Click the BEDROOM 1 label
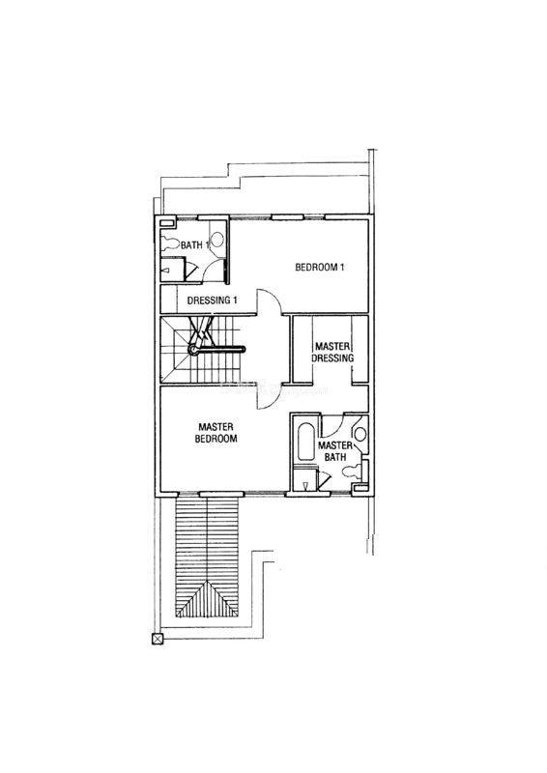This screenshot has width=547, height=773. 320,268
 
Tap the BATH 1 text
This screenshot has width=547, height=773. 195,244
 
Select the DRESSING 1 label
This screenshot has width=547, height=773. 213,300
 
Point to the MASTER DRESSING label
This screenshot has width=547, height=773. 332,352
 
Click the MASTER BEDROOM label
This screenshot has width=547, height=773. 216,433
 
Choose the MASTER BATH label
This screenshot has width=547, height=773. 335,451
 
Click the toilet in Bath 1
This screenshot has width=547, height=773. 170,243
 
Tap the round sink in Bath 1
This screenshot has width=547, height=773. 217,239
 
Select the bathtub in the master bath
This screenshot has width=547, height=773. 306,442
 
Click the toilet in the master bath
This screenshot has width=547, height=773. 355,471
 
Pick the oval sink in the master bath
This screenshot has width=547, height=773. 360,434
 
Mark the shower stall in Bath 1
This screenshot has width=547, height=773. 174,270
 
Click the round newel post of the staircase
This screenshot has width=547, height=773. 192,350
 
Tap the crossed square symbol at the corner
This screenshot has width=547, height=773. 158,640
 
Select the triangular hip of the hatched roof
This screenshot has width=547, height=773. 207,599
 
